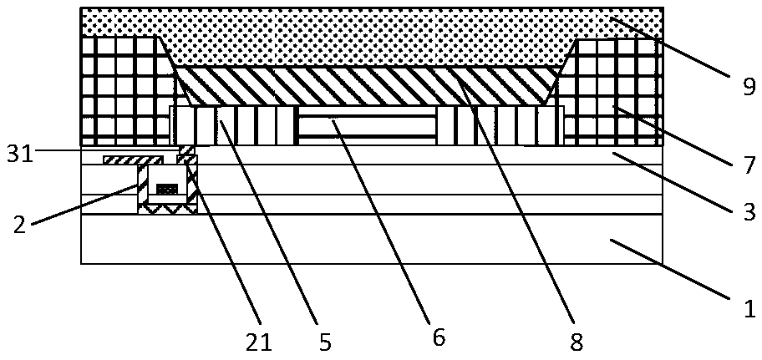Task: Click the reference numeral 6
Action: pyautogui.click(x=439, y=338)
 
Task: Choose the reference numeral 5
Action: pyautogui.click(x=324, y=342)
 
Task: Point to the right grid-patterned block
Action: pyautogui.click(x=612, y=93)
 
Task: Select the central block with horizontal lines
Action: pyautogui.click(x=367, y=125)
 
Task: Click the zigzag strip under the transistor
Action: pyautogui.click(x=168, y=209)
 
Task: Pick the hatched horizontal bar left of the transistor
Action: pyautogui.click(x=132, y=160)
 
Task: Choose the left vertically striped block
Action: pyautogui.click(x=234, y=125)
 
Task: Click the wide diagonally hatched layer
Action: pyautogui.click(x=367, y=86)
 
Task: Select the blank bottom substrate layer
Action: pyautogui.click(x=372, y=239)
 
